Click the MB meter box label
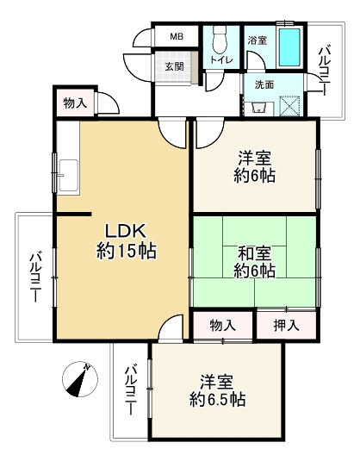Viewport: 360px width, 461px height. tap(177, 36)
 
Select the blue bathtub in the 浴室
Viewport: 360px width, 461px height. tap(289, 47)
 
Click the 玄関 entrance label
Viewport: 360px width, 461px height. tap(174, 66)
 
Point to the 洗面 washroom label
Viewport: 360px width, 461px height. tap(264, 84)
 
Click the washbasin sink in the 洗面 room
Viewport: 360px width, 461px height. tap(259, 109)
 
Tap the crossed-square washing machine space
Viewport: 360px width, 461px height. tap(290, 106)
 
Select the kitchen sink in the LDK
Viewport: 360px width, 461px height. tap(69, 176)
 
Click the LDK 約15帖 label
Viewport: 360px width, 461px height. tap(127, 240)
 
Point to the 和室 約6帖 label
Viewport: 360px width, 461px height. tap(255, 262)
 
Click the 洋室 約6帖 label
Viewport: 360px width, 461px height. tap(255, 166)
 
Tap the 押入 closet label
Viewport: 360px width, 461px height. tap(287, 325)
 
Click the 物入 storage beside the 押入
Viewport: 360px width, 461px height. tap(223, 325)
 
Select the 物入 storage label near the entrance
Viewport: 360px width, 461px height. tap(76, 103)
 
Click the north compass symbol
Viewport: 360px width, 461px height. tap(80, 379)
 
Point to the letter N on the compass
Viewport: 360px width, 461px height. tap(87, 366)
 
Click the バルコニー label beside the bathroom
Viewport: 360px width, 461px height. tap(326, 70)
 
